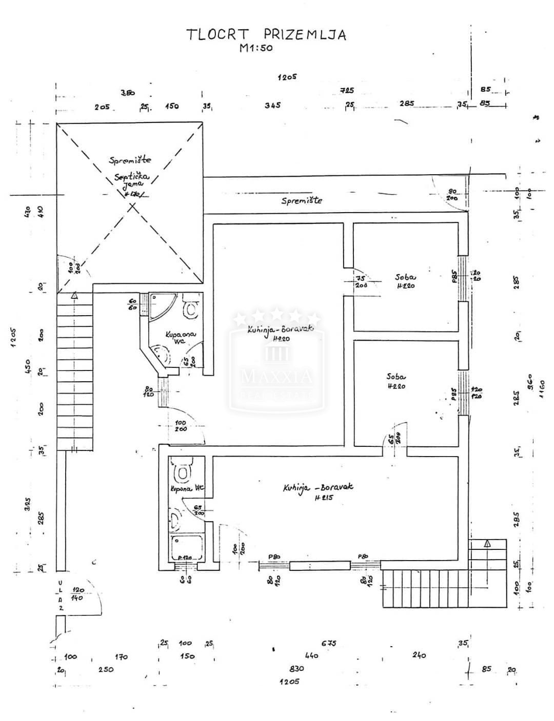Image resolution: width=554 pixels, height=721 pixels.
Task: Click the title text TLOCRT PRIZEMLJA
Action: (x=266, y=34)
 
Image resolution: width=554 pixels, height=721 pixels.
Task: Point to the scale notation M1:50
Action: (x=256, y=49)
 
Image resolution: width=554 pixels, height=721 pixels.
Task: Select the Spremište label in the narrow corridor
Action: (x=302, y=200)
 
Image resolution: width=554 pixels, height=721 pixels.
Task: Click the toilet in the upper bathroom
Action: (x=192, y=307)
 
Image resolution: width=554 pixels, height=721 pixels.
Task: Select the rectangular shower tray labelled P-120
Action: (x=187, y=548)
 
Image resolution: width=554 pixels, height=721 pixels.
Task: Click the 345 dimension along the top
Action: (x=272, y=105)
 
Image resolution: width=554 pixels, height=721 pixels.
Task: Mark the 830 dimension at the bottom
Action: (x=296, y=668)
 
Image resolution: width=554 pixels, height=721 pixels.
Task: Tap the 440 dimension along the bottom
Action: (x=311, y=655)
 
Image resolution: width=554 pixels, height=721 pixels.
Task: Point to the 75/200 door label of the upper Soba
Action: (x=362, y=282)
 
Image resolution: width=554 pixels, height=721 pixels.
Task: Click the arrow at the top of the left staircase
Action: (x=75, y=295)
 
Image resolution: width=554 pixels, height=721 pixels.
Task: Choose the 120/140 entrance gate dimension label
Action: (x=78, y=594)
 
